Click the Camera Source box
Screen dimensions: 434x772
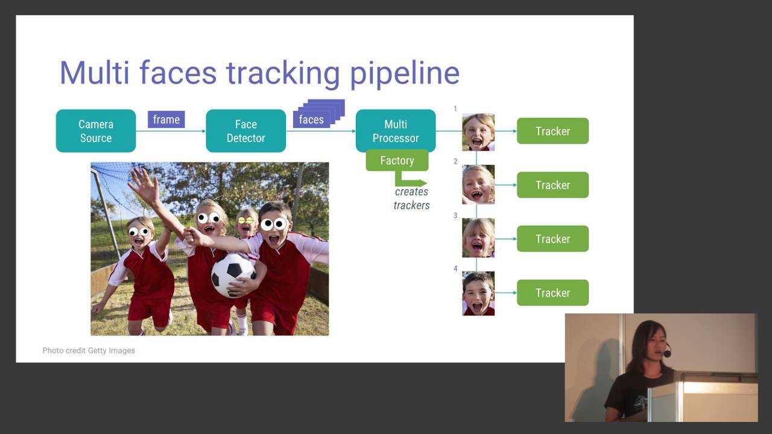(x=96, y=131)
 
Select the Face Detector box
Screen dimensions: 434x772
(x=245, y=131)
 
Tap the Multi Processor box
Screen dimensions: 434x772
(x=396, y=130)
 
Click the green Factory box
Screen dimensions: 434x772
(x=397, y=160)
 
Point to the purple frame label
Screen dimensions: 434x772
(x=166, y=119)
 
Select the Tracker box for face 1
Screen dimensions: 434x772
(x=552, y=131)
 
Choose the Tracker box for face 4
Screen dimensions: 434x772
(x=552, y=293)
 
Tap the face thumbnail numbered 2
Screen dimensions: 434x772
(x=478, y=184)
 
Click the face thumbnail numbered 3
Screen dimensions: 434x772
(x=478, y=238)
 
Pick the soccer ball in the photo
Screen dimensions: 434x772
(x=233, y=275)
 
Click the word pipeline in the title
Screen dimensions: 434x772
(x=405, y=74)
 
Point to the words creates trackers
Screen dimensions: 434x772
(x=411, y=198)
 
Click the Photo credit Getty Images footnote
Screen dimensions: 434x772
(x=89, y=350)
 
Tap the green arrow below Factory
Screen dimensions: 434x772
(x=410, y=180)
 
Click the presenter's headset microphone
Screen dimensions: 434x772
(x=667, y=354)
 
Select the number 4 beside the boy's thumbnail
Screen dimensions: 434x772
(x=455, y=268)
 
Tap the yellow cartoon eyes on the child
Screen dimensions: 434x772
(x=245, y=221)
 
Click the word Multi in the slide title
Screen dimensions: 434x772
(x=95, y=74)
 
